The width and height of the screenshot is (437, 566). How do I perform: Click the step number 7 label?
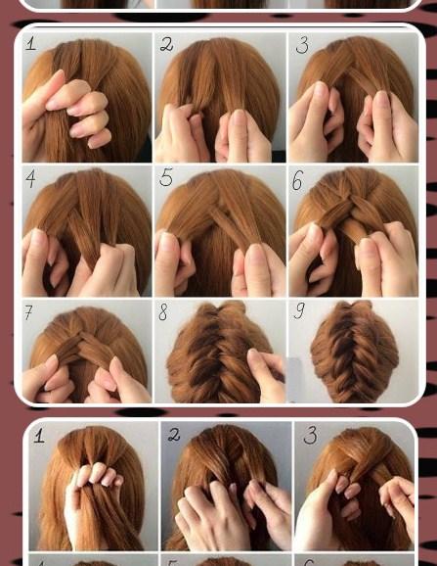click(28, 312)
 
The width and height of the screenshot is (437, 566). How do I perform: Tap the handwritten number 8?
click(163, 311)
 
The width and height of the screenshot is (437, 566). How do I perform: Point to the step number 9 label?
click(299, 310)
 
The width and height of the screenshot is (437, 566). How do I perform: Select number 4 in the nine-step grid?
click(31, 179)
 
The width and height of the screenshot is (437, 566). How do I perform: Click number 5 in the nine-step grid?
click(166, 177)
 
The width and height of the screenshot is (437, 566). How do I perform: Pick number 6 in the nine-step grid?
click(297, 180)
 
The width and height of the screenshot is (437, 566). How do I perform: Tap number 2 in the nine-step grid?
click(166, 44)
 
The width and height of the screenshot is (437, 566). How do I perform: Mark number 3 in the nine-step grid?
click(302, 45)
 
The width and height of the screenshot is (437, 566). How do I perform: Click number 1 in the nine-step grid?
click(31, 44)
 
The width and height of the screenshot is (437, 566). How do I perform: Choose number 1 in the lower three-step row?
click(39, 435)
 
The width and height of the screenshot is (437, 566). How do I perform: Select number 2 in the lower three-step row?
click(174, 434)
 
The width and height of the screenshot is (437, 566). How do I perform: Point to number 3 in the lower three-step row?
click(310, 435)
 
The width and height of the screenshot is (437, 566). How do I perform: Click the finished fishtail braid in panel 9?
click(355, 352)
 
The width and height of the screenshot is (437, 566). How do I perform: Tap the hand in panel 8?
click(266, 375)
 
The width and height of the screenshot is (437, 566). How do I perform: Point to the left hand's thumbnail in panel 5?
click(167, 242)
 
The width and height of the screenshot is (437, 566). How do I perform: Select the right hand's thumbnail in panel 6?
click(367, 249)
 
